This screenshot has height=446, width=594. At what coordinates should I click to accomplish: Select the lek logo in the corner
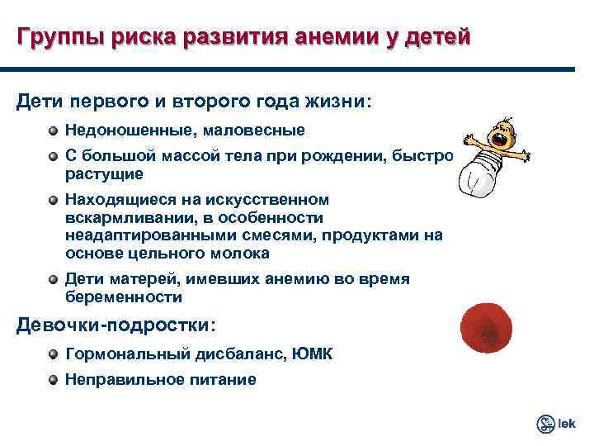[555, 424]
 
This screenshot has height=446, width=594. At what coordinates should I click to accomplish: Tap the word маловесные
[261, 130]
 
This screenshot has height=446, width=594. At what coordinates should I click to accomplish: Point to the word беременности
[124, 296]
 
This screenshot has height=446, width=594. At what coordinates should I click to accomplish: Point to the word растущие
[104, 173]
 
